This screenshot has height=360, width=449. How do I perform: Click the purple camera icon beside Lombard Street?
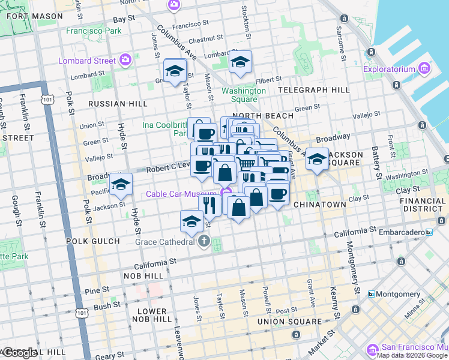[125, 59]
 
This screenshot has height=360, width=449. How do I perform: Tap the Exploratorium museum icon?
[424, 69]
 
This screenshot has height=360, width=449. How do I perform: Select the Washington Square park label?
[244, 95]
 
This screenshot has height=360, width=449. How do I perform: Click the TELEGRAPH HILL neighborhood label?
[314, 90]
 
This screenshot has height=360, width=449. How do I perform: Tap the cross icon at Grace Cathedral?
[204, 242]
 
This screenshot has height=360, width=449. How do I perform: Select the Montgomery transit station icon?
[372, 294]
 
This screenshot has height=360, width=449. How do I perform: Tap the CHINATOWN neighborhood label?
[320, 205]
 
